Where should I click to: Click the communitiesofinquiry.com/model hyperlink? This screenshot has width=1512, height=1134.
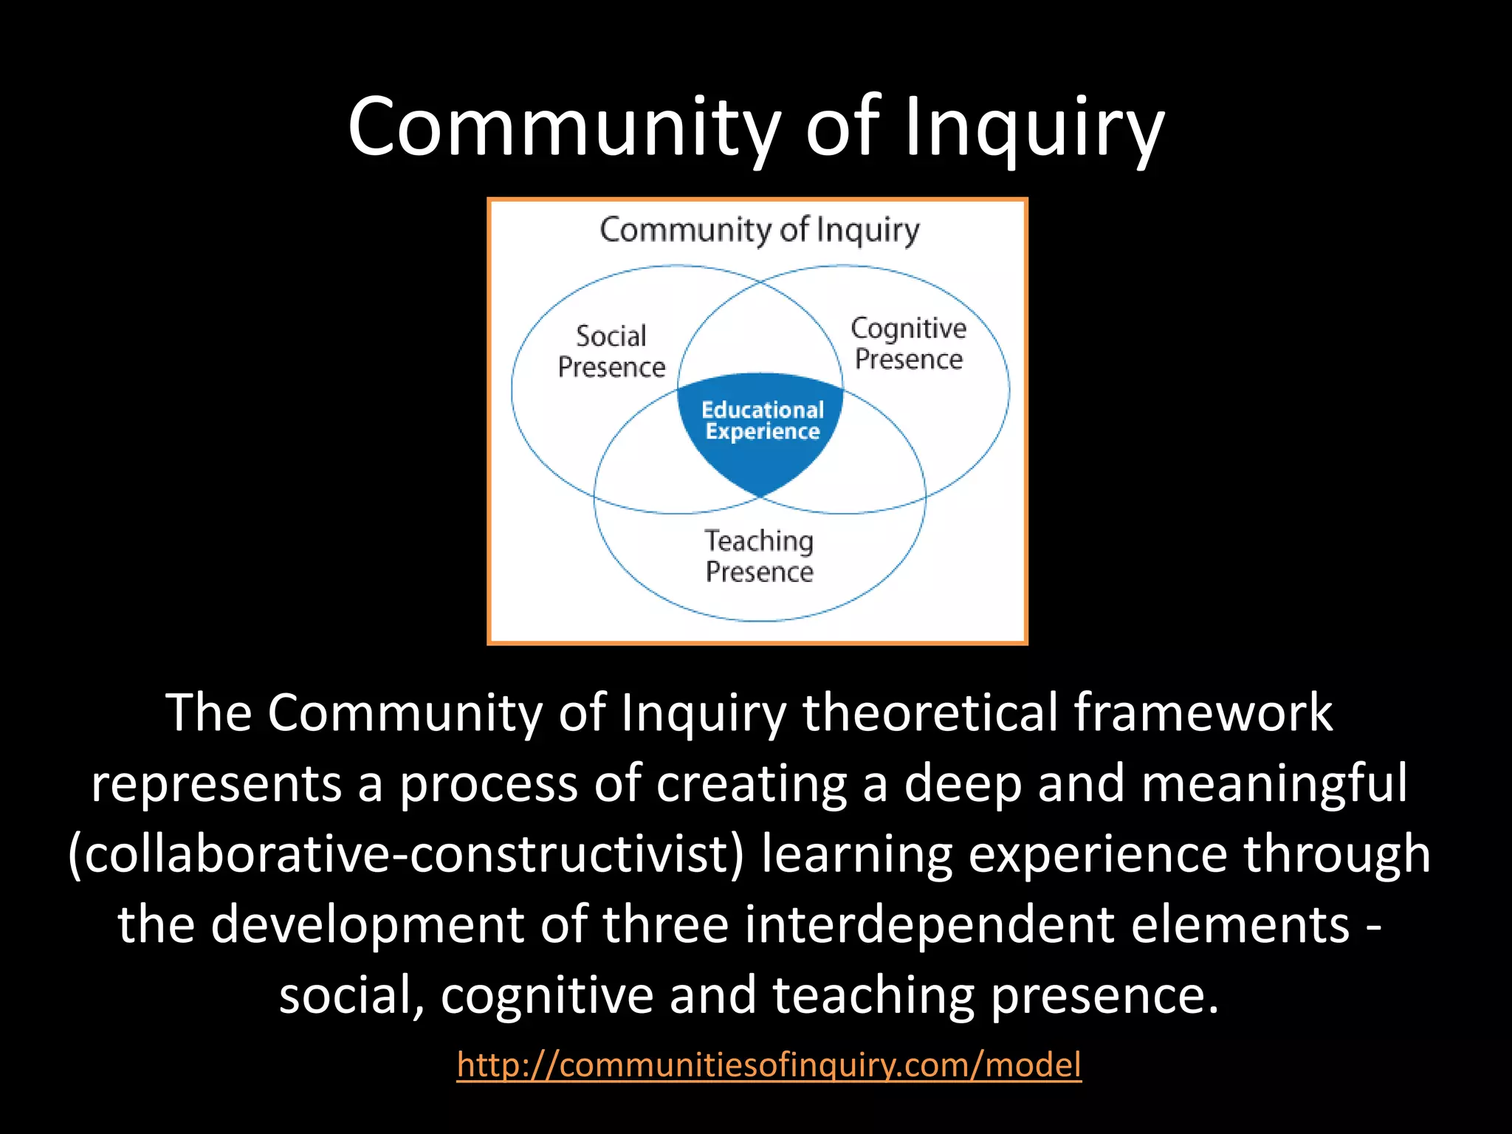tap(769, 1065)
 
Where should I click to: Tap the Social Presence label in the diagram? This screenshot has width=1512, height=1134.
tap(611, 352)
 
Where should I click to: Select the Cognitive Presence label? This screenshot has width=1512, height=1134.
tap(908, 344)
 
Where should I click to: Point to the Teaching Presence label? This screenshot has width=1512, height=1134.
tap(759, 557)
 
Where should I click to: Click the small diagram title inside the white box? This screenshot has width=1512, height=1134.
tap(759, 230)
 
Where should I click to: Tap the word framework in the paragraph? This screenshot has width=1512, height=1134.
tap(1203, 713)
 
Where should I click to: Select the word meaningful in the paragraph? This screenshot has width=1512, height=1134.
tap(1275, 784)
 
